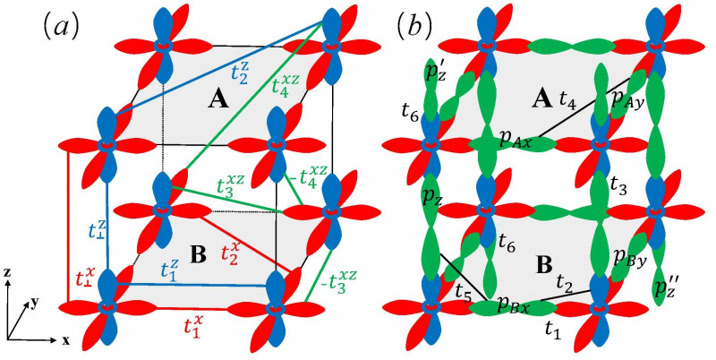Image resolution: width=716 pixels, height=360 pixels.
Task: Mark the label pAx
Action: [x=516, y=141]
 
